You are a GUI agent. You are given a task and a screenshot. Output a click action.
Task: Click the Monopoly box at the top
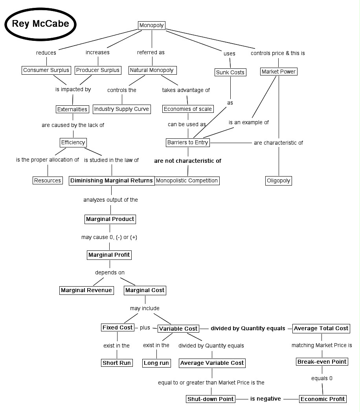pos(152,26)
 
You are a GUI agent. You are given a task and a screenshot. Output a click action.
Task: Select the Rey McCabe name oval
pos(40,24)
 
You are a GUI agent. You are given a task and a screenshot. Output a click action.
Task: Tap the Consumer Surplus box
pos(46,70)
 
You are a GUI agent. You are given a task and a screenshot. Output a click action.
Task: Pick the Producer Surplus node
pos(98,70)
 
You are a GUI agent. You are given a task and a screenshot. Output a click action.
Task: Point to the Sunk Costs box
pos(230,72)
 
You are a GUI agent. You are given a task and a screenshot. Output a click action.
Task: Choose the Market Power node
pos(279,72)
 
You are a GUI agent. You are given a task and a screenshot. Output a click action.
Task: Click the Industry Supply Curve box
pos(122,109)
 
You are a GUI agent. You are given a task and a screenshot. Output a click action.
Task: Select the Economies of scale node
pos(188,109)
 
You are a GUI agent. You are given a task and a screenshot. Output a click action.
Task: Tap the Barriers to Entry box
pos(188,142)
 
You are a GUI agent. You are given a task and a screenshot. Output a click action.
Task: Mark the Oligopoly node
pos(279,181)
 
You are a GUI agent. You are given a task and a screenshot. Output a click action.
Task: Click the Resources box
pos(48,180)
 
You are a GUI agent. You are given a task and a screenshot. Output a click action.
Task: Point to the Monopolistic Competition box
pos(187,180)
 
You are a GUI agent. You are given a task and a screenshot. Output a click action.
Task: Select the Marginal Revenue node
pos(86,290)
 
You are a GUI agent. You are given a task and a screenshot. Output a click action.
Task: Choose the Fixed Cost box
pos(118,327)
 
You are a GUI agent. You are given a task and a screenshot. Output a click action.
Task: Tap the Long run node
pos(156,363)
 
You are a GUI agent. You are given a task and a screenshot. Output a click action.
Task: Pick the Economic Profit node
pos(323,399)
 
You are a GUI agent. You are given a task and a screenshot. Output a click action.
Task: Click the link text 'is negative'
pos(266,399)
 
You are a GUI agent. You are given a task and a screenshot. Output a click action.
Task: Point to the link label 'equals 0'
pos(322,378)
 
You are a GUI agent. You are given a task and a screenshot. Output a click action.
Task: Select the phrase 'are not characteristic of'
pos(187,161)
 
